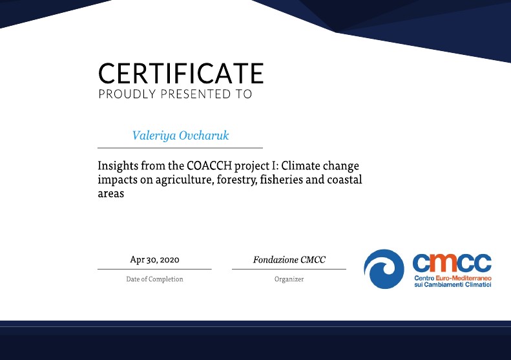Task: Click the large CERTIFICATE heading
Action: click(x=181, y=74)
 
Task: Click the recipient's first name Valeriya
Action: click(x=154, y=135)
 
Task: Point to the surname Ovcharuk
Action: click(x=204, y=135)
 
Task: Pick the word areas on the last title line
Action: click(x=111, y=194)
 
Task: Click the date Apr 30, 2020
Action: click(x=154, y=260)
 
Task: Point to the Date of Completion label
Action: click(x=154, y=279)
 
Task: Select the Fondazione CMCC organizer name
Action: click(x=289, y=260)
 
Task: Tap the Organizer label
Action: click(x=289, y=279)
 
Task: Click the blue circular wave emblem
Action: click(x=384, y=269)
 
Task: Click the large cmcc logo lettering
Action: click(x=452, y=263)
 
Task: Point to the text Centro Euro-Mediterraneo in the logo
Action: click(x=453, y=278)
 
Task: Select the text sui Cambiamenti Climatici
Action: click(x=453, y=284)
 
